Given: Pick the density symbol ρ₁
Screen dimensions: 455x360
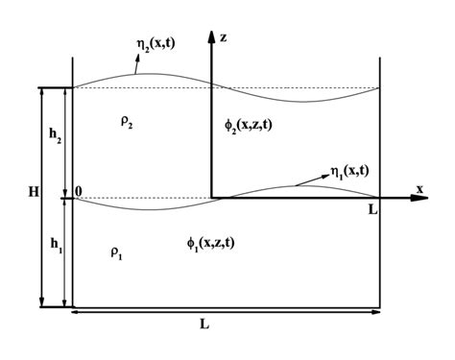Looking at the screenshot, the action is [x=115, y=253].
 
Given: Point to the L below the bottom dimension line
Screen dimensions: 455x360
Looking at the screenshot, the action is [x=204, y=324].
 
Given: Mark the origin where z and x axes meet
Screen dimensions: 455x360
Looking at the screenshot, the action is [x=209, y=198].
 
